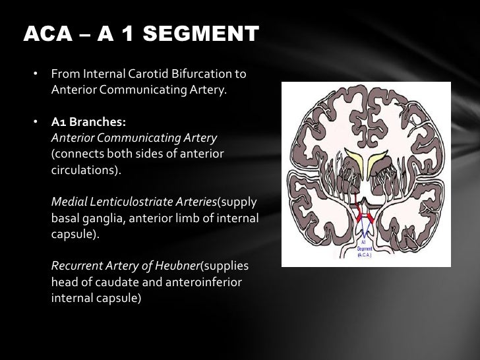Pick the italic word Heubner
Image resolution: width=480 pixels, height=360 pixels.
177,266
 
